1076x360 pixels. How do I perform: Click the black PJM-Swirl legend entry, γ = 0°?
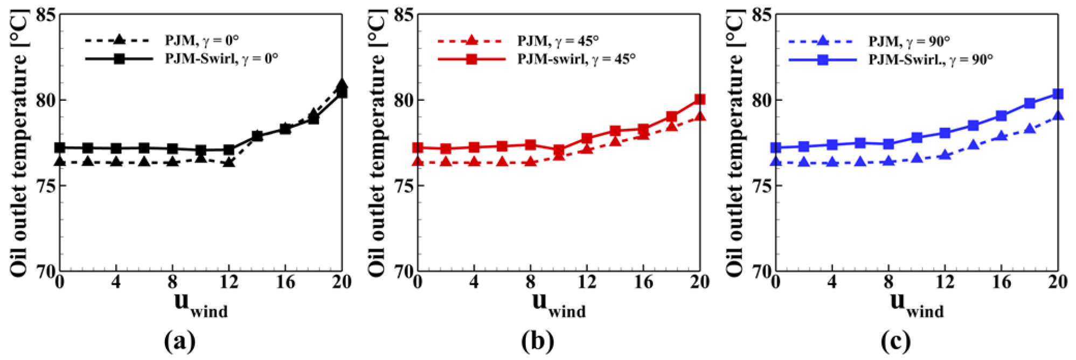point(182,58)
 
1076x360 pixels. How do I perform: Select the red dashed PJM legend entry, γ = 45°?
point(518,40)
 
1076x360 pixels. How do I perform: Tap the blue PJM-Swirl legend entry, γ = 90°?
point(891,59)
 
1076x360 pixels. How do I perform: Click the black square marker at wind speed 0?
point(60,147)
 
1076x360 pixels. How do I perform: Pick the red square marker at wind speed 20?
point(699,99)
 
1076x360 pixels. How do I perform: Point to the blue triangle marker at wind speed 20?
point(1058,115)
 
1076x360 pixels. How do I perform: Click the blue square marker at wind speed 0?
point(776,147)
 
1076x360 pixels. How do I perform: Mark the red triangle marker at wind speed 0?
point(418,161)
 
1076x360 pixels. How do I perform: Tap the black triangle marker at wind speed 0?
point(60,161)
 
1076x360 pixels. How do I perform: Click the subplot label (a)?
point(179,341)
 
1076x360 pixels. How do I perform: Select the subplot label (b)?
point(538,341)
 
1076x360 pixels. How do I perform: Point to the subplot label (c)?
point(896,341)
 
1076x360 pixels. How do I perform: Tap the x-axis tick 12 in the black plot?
point(228,281)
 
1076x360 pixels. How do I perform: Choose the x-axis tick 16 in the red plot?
point(643,281)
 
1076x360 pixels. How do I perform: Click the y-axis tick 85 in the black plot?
point(45,15)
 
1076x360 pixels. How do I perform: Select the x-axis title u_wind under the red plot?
point(559,304)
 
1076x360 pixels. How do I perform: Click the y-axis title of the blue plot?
point(734,143)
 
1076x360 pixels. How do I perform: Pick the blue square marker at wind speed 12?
point(945,133)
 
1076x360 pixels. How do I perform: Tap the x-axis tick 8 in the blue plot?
point(888,281)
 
